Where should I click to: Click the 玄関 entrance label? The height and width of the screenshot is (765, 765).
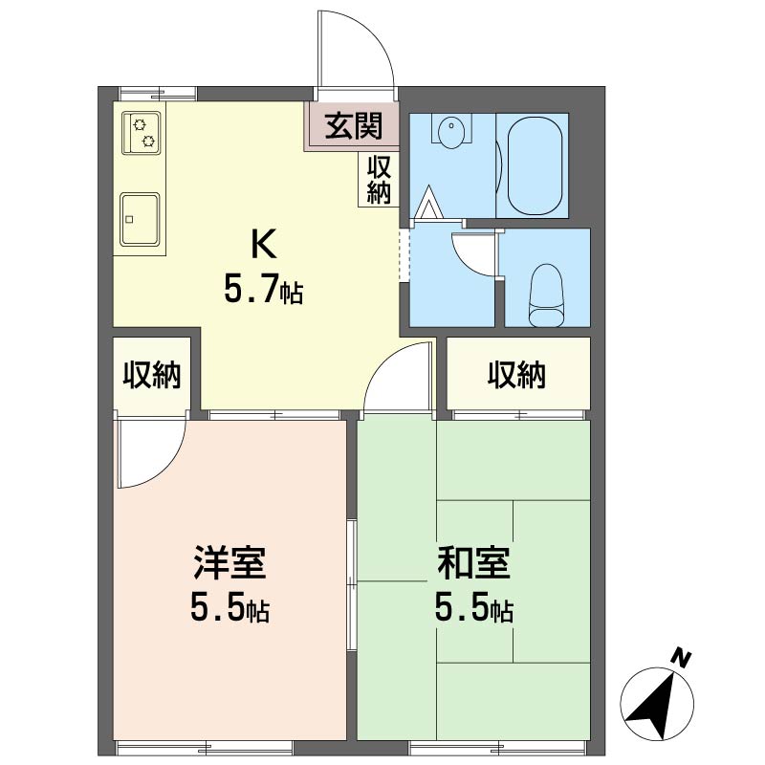[354, 125]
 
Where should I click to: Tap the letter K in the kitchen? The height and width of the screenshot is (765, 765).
[264, 244]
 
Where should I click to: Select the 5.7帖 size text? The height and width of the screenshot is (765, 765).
[264, 289]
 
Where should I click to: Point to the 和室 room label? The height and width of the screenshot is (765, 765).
[473, 562]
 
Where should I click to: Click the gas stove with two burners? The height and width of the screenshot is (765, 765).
[142, 133]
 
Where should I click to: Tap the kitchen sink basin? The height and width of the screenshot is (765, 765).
[140, 218]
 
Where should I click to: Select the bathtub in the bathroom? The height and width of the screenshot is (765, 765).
[535, 165]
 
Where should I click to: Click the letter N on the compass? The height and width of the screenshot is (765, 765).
[681, 659]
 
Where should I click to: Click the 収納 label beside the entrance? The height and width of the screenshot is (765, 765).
[379, 180]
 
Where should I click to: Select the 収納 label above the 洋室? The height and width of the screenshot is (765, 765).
[152, 375]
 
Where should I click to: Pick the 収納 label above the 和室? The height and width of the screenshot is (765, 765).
[516, 375]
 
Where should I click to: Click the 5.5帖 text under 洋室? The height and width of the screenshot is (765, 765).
[229, 608]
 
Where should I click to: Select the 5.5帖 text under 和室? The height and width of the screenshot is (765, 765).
[473, 608]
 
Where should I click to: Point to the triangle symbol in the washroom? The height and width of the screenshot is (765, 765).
[429, 203]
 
